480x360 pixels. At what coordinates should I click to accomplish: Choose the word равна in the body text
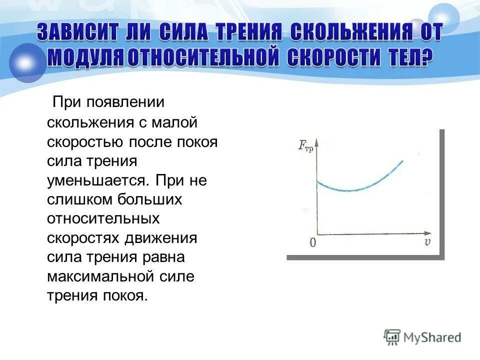coord(163,257)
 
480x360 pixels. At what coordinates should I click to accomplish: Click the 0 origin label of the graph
coord(312,243)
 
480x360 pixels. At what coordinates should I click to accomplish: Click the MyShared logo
coord(422,337)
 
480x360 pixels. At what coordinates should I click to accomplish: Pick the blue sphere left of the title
coord(26,63)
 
